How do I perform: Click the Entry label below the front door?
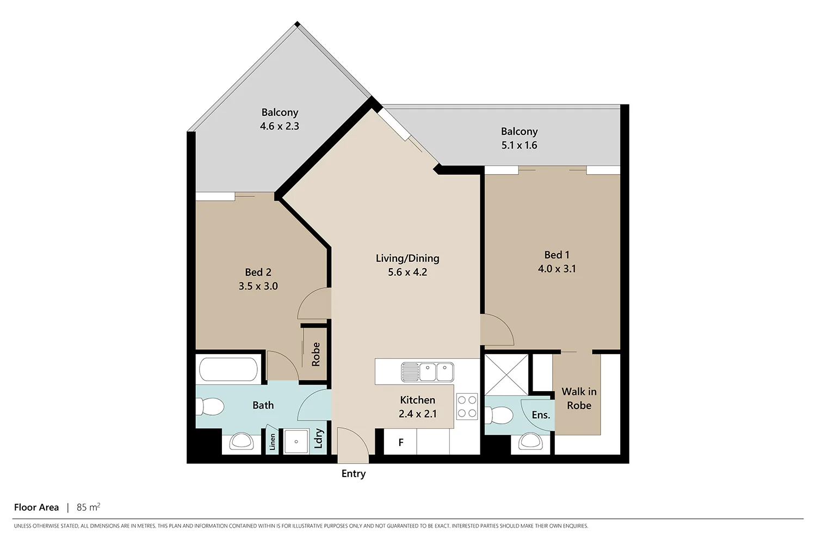click(x=353, y=474)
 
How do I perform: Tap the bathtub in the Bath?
click(x=228, y=370)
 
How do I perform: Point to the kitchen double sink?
click(x=428, y=373)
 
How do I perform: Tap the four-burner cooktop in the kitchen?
click(x=467, y=406)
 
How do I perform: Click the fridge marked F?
click(x=400, y=442)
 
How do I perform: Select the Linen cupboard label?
click(x=273, y=442)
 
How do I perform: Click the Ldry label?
click(x=319, y=438)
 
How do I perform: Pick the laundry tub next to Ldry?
click(x=296, y=441)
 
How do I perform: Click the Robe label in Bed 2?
click(x=316, y=354)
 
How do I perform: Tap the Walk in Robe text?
click(x=579, y=399)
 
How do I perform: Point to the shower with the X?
click(x=506, y=375)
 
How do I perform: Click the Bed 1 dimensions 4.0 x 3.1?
click(x=557, y=269)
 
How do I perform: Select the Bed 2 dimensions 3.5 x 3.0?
click(x=258, y=286)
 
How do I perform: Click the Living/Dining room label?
click(x=407, y=258)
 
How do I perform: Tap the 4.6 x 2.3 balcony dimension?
click(x=280, y=126)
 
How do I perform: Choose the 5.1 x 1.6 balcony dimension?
click(x=519, y=145)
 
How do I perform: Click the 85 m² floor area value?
click(x=88, y=507)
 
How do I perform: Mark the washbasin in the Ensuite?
click(x=530, y=441)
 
